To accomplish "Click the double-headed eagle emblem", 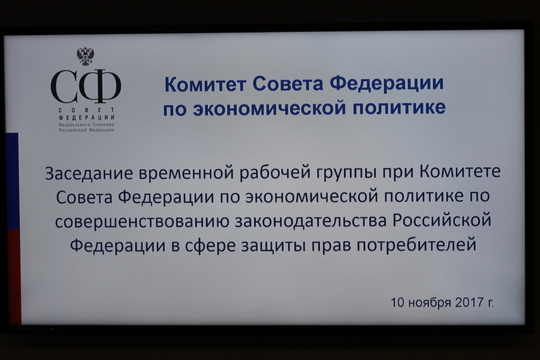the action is (x=85, y=56).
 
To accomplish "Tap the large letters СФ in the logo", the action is (x=86, y=86).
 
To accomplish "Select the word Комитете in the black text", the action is (x=459, y=171).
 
